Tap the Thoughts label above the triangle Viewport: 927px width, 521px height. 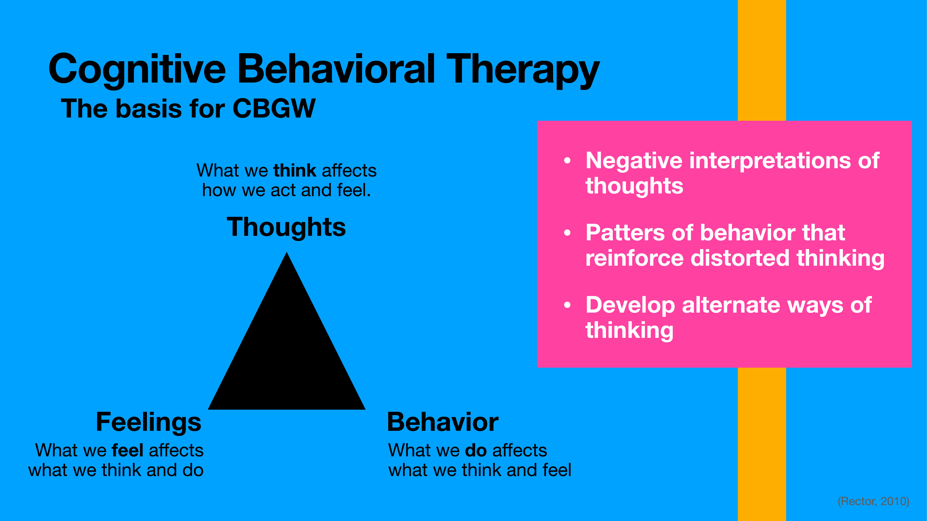coord(286,227)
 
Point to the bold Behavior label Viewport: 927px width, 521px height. coord(443,422)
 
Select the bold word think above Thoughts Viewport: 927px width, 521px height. coord(295,170)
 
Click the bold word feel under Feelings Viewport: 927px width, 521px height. coord(128,450)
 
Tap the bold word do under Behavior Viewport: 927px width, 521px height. coord(476,450)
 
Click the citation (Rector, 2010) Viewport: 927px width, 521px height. coord(873,501)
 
